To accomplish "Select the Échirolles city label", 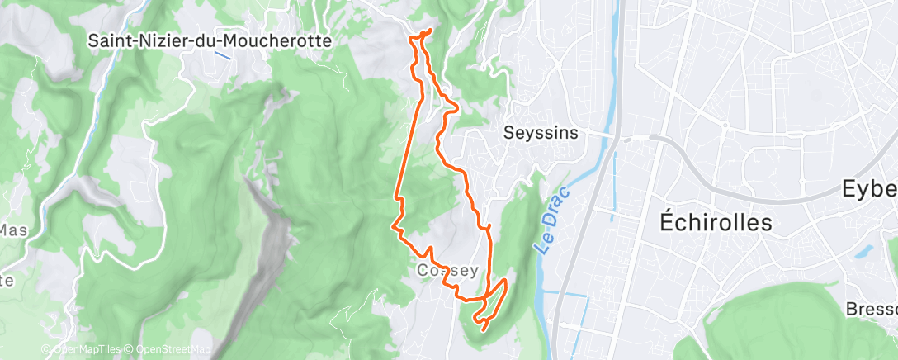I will point(716,222).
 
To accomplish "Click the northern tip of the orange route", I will point(430,31).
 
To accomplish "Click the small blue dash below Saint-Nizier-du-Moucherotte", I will point(221,55).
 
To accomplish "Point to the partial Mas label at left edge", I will point(13,230).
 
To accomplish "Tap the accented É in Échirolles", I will point(669,222).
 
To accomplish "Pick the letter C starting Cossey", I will point(423,271).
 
